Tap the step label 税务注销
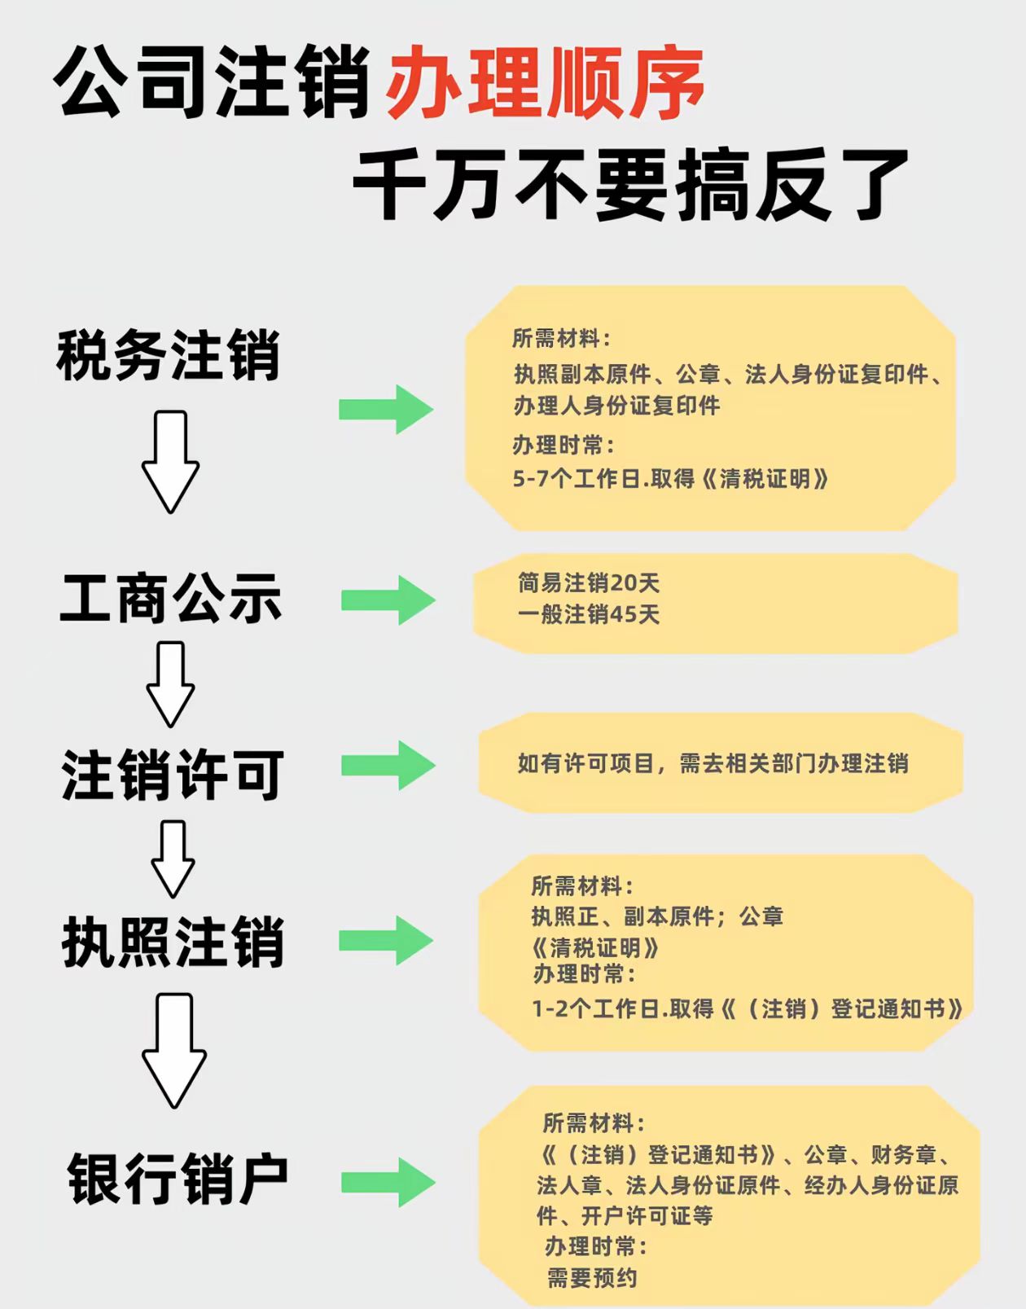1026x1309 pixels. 169,355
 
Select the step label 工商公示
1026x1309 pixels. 171,599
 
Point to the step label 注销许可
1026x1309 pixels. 173,775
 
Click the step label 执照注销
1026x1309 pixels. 173,942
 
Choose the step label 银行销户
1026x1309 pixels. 178,1179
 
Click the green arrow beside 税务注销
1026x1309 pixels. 386,409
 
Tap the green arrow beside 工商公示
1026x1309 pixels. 388,600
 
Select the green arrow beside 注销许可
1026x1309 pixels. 388,765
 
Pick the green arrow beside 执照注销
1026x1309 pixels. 386,940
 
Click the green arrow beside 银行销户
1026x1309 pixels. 388,1182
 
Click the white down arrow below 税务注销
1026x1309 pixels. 170,461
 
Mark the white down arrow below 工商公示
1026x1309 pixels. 170,683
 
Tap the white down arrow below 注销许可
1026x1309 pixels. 173,859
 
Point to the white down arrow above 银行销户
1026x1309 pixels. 174,1050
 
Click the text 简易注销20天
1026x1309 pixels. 589,582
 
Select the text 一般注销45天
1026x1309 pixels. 589,614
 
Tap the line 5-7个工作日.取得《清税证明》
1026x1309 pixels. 670,478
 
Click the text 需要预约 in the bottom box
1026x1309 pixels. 592,1277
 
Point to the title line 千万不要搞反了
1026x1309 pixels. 631,185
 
